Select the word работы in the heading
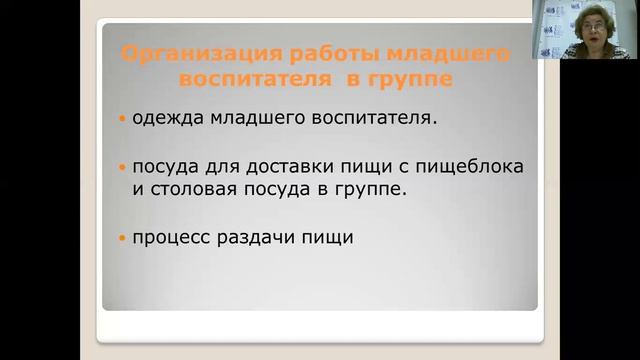301,53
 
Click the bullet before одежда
122,119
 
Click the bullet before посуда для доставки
122,165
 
